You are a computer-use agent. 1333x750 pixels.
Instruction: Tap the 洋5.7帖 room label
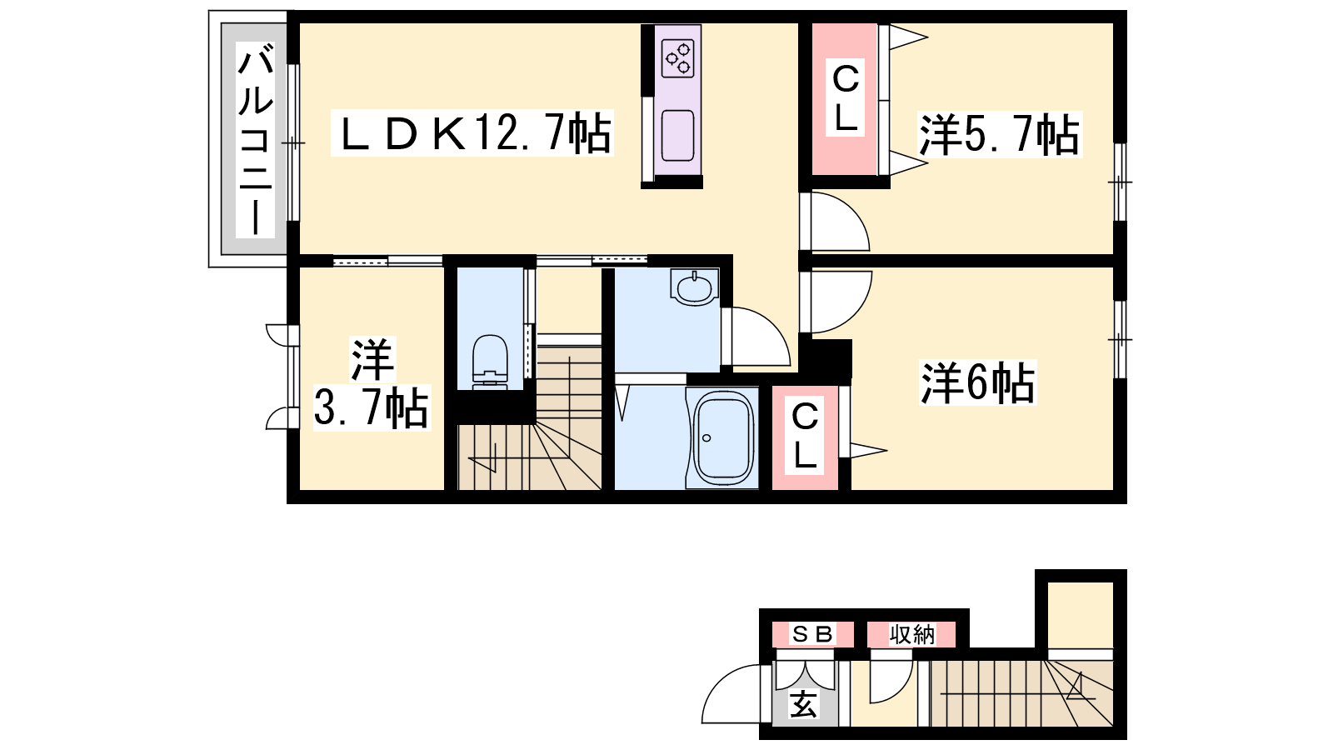tap(999, 135)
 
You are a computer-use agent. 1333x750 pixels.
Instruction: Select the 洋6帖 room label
tap(978, 382)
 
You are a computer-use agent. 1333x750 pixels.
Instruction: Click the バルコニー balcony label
tap(255, 141)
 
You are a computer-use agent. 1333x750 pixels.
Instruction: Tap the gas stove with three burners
tap(678, 58)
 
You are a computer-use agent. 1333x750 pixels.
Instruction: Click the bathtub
tap(722, 438)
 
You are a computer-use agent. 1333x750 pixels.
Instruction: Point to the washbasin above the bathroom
tap(694, 287)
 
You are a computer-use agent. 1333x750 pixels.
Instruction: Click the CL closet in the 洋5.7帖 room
tap(845, 99)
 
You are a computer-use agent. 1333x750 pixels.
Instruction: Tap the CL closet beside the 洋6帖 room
tap(805, 437)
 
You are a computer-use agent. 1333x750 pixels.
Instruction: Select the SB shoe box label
tap(812, 634)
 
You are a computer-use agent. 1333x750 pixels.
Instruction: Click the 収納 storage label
tap(911, 634)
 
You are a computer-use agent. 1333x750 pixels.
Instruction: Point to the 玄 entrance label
tap(803, 705)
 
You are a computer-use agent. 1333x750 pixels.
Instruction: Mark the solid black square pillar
tap(832, 359)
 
